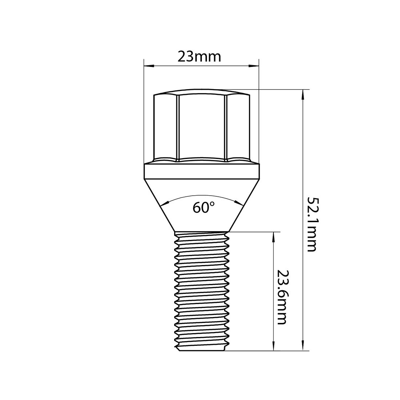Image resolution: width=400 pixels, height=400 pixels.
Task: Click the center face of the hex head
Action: (x=202, y=127)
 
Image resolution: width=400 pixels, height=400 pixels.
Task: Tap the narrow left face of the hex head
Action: (x=165, y=127)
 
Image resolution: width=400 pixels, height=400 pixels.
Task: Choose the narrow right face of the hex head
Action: (x=238, y=127)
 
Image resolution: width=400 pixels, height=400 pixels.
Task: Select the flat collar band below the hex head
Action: (x=202, y=171)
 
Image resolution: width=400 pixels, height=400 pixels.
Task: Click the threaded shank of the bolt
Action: (x=202, y=291)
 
